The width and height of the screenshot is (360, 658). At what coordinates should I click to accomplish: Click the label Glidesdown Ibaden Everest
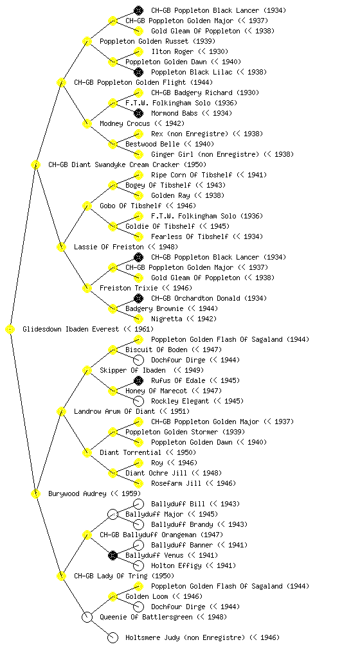tap(71, 329)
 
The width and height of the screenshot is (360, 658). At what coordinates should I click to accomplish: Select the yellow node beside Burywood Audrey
tap(35, 493)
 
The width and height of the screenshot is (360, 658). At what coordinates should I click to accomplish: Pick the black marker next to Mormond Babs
tap(138, 113)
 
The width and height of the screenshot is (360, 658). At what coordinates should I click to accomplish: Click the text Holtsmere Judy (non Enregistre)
tap(185, 637)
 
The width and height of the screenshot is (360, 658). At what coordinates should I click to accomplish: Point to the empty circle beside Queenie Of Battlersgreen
tap(87, 617)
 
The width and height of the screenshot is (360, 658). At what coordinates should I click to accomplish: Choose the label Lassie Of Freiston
tap(109, 247)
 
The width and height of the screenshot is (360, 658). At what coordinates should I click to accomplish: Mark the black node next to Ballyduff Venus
tap(113, 555)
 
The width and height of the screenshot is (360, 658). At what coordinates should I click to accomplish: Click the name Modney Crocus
tap(125, 123)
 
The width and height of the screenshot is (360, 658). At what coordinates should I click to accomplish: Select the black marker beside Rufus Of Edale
tap(138, 380)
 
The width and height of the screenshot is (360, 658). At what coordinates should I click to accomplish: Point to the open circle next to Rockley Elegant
tap(138, 401)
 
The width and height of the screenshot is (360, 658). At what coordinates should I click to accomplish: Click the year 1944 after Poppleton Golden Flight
tap(201, 82)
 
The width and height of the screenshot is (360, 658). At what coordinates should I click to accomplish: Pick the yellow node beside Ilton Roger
tap(138, 51)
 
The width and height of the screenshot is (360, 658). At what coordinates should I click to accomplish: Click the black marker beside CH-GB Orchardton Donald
tap(138, 298)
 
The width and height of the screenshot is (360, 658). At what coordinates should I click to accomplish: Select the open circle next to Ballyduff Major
tap(113, 514)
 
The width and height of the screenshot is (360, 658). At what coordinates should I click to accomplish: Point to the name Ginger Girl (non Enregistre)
tap(205, 154)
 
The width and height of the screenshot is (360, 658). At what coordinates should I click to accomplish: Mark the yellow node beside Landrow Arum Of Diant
tap(61, 411)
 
